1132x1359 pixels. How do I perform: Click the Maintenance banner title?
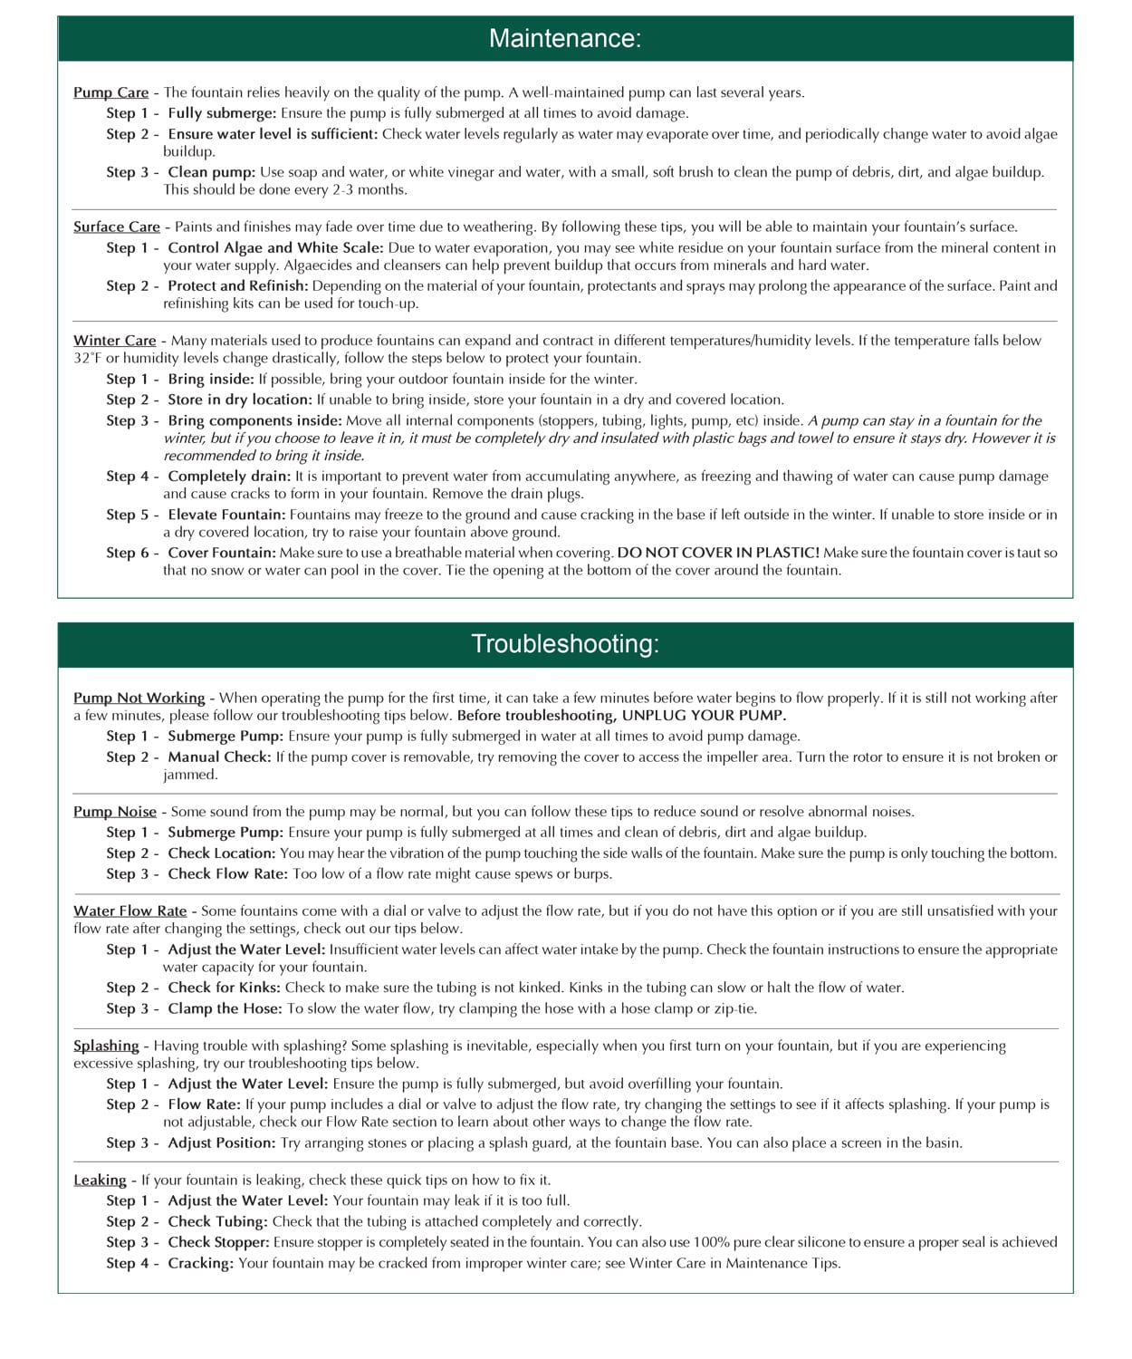tap(565, 38)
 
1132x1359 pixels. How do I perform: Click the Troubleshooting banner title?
tap(565, 644)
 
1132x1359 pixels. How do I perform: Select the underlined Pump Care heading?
tap(110, 92)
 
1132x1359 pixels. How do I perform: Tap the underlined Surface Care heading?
tap(116, 227)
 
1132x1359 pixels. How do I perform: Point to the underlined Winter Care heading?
tap(114, 341)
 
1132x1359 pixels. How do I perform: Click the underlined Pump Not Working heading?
tap(139, 698)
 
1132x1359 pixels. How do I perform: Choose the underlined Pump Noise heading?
tap(114, 812)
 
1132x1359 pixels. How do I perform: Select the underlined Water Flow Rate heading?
tap(130, 911)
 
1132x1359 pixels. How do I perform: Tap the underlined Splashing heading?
tap(106, 1046)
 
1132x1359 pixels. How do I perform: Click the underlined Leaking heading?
tap(100, 1180)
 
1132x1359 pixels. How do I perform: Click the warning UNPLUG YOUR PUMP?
tap(704, 716)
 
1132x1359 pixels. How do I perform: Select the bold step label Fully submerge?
tap(222, 113)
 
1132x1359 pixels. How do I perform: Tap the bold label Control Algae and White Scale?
tap(275, 247)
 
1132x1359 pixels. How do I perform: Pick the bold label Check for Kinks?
tap(224, 988)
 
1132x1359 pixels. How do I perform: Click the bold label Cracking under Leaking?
tap(200, 1263)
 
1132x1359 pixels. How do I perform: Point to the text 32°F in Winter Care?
tap(88, 358)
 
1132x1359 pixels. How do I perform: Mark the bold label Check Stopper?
tap(218, 1242)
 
